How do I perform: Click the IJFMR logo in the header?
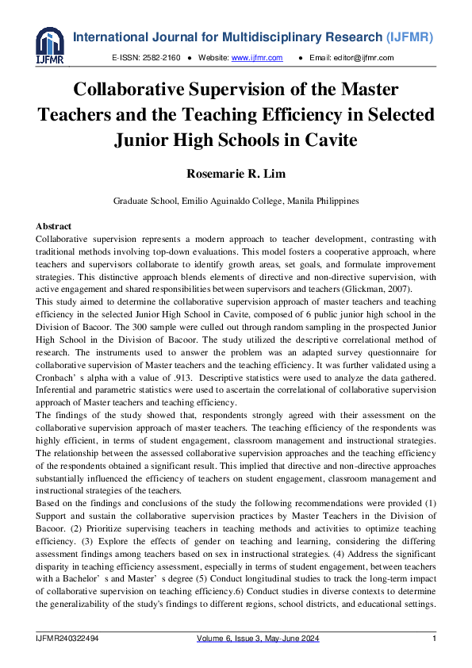[x=49, y=45]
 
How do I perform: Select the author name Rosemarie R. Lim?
[x=236, y=173]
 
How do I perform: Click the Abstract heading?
[x=54, y=227]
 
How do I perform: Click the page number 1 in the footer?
[x=434, y=639]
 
